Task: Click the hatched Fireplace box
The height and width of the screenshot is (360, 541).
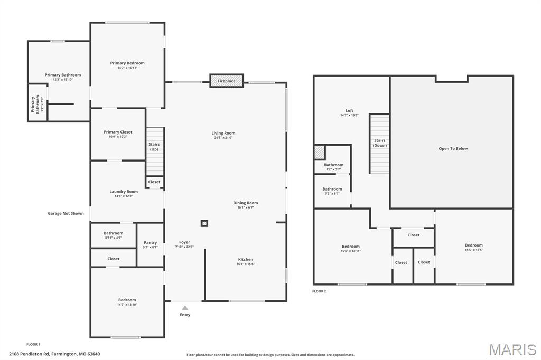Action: click(227, 81)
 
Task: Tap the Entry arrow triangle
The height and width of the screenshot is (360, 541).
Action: click(185, 308)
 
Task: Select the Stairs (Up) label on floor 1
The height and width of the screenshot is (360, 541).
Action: click(154, 147)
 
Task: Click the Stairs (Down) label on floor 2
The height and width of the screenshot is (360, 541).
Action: click(380, 143)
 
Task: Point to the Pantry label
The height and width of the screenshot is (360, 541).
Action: click(150, 243)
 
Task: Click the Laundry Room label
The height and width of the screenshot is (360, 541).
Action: click(124, 192)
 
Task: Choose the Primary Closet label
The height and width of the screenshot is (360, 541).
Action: click(118, 132)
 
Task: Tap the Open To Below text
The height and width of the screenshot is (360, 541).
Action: click(453, 149)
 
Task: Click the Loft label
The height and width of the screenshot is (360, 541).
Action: click(349, 111)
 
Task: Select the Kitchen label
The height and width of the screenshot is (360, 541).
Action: click(246, 260)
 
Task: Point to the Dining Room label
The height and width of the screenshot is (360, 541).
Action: click(246, 203)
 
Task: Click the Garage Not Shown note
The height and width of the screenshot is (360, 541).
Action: click(66, 214)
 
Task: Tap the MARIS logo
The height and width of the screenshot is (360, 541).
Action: click(512, 349)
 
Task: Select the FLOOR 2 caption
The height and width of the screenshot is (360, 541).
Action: click(319, 291)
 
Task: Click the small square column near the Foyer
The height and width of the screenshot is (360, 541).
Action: click(204, 223)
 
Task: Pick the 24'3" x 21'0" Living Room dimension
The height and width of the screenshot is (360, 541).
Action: click(223, 138)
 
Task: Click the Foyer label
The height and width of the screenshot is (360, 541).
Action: click(184, 242)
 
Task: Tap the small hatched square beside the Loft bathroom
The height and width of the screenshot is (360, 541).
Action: click(319, 153)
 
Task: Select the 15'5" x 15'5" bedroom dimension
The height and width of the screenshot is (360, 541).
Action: click(473, 250)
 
